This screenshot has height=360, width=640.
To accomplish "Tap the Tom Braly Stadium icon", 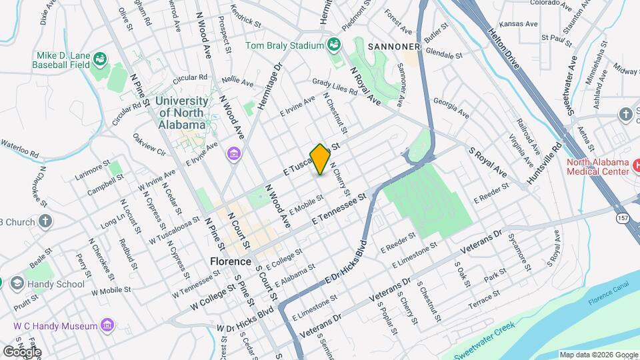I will click(335, 45).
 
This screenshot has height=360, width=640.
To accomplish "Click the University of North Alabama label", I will click(181, 112).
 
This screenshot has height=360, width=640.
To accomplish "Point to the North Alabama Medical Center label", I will click(597, 167).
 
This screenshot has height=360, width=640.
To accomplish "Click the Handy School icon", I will click(15, 283).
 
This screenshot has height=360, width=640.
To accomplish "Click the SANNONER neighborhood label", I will click(387, 47).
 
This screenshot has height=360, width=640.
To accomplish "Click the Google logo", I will click(22, 351).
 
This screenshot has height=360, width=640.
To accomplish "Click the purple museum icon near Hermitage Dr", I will click(233, 155).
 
